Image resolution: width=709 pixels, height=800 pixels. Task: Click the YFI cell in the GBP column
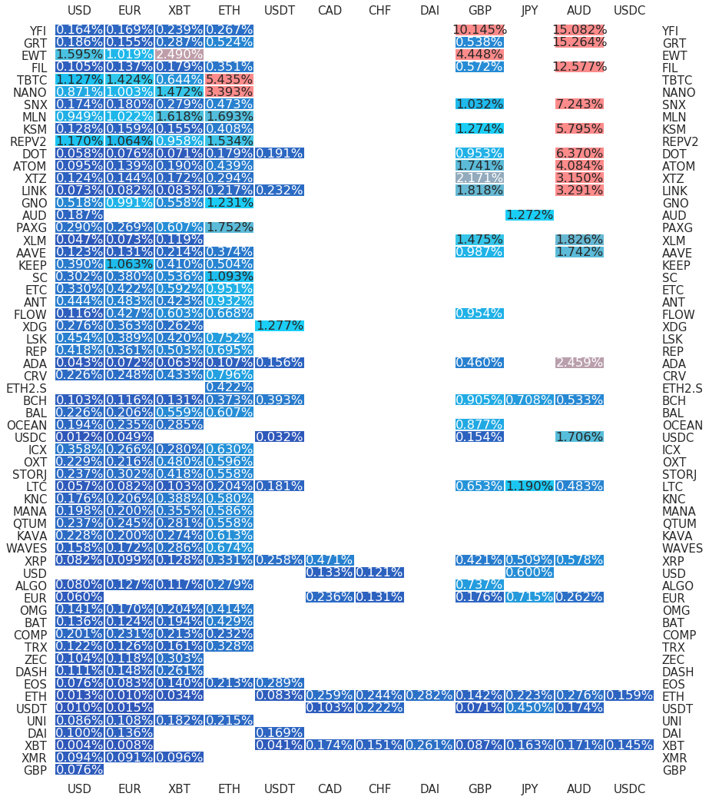click(479, 30)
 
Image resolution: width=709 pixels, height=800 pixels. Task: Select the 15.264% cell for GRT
click(579, 42)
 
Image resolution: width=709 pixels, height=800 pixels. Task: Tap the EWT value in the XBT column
click(179, 55)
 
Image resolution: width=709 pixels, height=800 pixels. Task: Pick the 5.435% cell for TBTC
click(229, 80)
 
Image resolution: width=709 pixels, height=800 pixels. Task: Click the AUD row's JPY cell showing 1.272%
click(529, 215)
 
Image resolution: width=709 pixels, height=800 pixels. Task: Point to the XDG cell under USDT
click(279, 326)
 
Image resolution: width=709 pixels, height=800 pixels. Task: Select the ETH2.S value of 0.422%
click(229, 387)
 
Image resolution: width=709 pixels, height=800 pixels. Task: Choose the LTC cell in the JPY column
click(529, 486)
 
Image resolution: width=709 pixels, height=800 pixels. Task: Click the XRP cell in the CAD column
click(330, 560)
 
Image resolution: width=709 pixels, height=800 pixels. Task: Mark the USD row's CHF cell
click(379, 573)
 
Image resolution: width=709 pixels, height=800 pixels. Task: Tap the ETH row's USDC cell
click(629, 695)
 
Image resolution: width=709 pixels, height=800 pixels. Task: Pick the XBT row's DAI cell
click(429, 745)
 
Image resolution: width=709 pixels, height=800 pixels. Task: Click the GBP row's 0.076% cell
click(79, 769)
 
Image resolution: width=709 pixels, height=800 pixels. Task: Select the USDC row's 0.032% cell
click(279, 437)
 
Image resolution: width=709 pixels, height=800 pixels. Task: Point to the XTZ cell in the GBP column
click(479, 178)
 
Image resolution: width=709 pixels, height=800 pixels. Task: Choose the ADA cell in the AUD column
click(579, 363)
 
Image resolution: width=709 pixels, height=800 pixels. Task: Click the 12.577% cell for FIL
click(579, 67)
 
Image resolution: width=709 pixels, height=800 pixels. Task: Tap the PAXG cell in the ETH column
click(229, 227)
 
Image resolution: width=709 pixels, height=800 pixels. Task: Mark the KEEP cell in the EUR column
click(129, 264)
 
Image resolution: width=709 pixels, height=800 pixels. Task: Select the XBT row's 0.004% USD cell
click(79, 745)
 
